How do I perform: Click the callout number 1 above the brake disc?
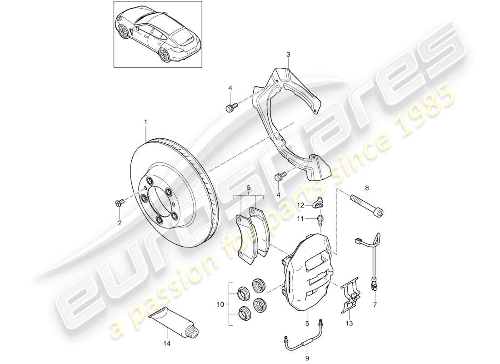click(146, 122)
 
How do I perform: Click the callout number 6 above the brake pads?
click(249, 188)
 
